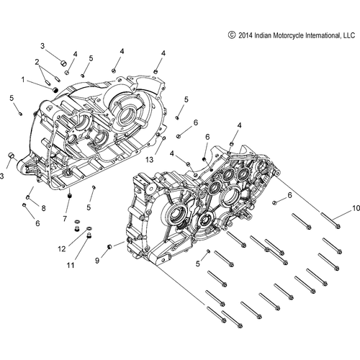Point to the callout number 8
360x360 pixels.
pyautogui.click(x=44, y=209)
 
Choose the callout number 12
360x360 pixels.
pyautogui.click(x=62, y=248)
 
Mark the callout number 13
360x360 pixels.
pyautogui.click(x=150, y=159)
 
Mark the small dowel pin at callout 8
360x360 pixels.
pyautogui.click(x=29, y=196)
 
